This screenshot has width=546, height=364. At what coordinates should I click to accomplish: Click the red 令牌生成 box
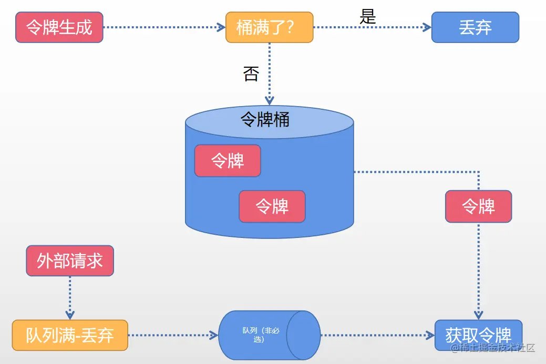tap(59, 27)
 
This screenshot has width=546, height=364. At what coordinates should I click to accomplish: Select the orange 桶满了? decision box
tap(269, 27)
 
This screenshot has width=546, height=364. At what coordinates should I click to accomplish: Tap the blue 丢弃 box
tap(475, 27)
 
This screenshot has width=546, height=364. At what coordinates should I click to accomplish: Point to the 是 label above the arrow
tap(368, 17)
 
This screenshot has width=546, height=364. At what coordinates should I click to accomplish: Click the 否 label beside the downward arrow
tap(251, 74)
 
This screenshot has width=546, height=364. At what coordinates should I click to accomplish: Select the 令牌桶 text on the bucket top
tap(265, 120)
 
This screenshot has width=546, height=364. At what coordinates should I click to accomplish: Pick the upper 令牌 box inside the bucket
tap(228, 161)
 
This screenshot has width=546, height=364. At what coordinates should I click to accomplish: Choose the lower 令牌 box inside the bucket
tap(272, 206)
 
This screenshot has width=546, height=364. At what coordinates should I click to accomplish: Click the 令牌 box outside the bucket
tap(478, 206)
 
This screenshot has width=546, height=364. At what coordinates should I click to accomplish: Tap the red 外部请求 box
tap(70, 261)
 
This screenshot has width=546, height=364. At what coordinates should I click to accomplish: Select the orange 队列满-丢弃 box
tap(70, 335)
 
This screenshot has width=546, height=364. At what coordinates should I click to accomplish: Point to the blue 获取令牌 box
tap(478, 334)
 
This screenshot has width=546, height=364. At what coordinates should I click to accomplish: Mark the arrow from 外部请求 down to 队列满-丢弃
tap(70, 297)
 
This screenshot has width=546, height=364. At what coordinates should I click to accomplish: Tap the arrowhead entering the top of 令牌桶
tap(270, 100)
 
